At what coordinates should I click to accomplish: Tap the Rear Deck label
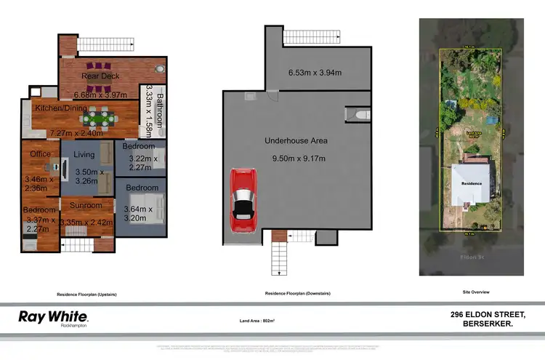tap(100, 76)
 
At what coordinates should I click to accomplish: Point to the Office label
tap(39, 154)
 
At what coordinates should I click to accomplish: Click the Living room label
tap(84, 154)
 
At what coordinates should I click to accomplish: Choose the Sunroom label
tap(85, 206)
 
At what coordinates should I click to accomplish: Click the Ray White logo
tap(52, 318)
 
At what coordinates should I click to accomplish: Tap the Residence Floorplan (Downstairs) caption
tap(298, 294)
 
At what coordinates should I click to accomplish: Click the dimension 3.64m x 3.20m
tap(138, 213)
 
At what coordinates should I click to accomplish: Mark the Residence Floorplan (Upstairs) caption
tap(86, 294)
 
